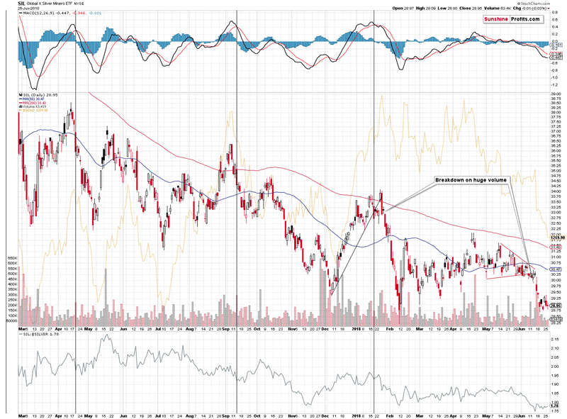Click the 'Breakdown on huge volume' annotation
(x=471, y=181)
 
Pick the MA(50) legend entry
(x=35, y=99)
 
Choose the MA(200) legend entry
(x=37, y=103)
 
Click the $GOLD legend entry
(x=37, y=111)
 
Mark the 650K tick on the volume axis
(x=11, y=259)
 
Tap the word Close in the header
(x=451, y=9)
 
